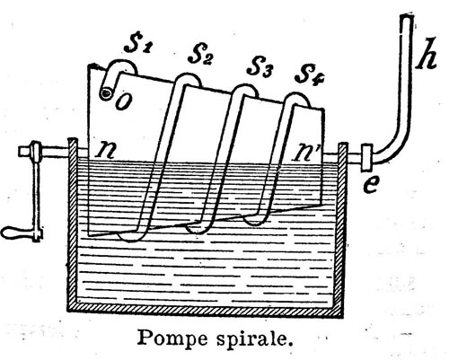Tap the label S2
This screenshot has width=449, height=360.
click(x=200, y=56)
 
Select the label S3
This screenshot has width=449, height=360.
click(x=260, y=68)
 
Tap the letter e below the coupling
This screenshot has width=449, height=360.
click(x=371, y=185)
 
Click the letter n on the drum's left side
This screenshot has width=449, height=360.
click(x=105, y=151)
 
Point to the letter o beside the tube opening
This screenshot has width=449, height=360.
click(x=123, y=101)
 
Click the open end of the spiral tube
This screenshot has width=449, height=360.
click(x=106, y=93)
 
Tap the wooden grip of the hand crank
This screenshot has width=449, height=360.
click(x=16, y=233)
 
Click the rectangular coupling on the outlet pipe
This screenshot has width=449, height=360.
click(x=366, y=157)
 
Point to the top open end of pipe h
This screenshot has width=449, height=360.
click(x=407, y=16)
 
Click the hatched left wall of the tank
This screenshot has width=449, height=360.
click(x=72, y=223)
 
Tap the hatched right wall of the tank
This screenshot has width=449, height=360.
click(x=342, y=227)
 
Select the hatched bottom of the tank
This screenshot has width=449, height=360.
click(x=206, y=308)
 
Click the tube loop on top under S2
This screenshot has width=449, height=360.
click(x=188, y=78)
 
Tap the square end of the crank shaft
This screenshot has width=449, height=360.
click(x=22, y=151)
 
